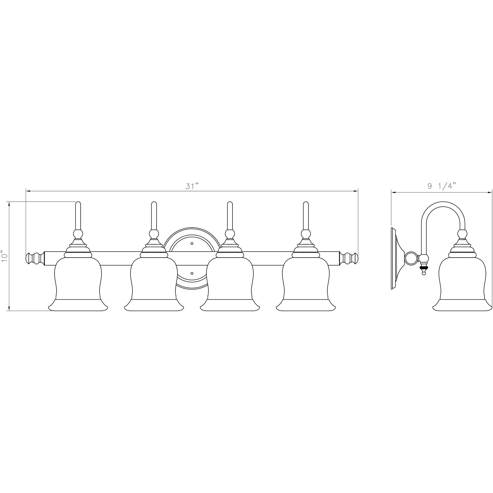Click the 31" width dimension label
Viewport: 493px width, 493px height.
coord(192,186)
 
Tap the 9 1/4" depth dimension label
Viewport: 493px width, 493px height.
coord(441,186)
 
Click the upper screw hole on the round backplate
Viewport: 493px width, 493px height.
coord(192,244)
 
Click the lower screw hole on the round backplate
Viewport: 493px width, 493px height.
coord(192,273)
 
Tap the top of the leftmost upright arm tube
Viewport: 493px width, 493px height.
coord(78,204)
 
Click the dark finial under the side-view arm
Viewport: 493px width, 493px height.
coord(424,268)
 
